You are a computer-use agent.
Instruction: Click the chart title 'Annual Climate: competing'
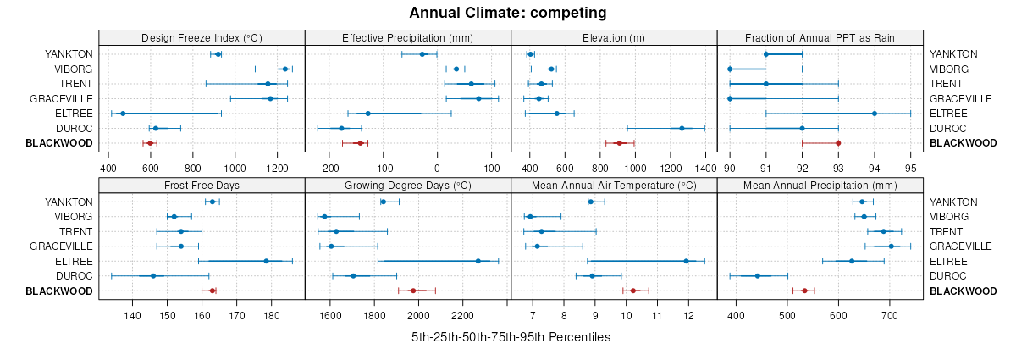point(507,13)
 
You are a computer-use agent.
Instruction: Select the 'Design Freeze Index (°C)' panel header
point(202,37)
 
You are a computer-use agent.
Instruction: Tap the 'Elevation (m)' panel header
point(614,37)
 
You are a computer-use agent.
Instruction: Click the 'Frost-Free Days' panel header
point(202,185)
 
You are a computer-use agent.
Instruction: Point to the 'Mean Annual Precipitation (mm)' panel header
point(820,185)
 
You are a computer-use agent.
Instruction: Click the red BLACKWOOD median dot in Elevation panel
point(619,143)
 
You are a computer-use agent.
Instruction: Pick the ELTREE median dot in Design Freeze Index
point(123,114)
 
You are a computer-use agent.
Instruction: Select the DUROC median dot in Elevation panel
point(682,128)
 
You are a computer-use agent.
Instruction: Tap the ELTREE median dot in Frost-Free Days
point(266,261)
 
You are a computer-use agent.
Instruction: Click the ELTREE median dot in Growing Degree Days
point(478,261)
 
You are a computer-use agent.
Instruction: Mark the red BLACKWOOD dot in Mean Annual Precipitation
point(804,291)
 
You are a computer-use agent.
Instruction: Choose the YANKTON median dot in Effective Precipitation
point(422,54)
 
